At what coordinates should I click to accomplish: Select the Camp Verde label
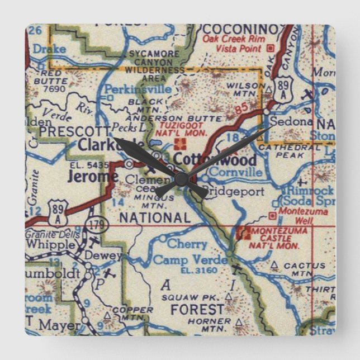[x=182, y=260]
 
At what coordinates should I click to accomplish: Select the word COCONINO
[x=241, y=29]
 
